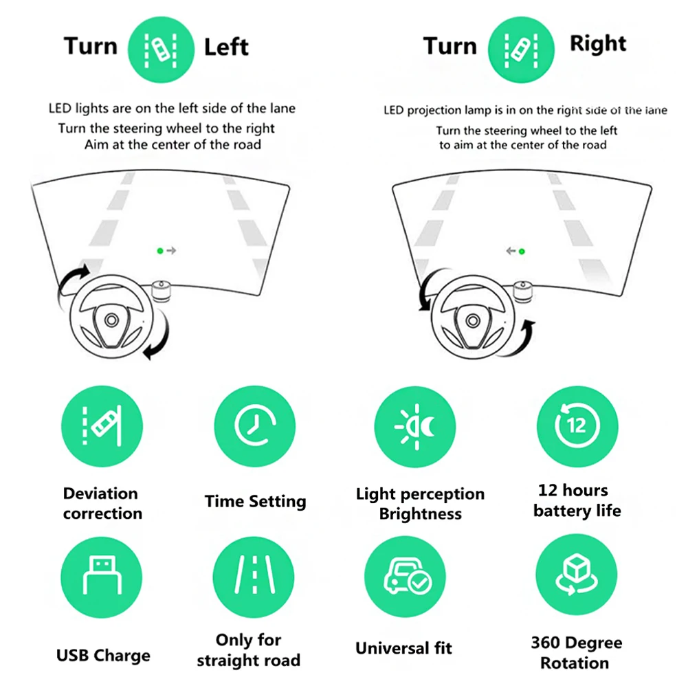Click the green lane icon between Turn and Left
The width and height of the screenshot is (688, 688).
[162, 47]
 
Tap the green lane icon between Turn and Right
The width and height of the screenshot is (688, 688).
[520, 47]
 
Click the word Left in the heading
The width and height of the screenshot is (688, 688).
[226, 47]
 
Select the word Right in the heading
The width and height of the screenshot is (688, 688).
[598, 44]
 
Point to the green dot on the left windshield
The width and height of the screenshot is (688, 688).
[160, 251]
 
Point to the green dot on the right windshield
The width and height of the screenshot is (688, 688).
[522, 251]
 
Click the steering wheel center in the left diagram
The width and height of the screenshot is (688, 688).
[111, 320]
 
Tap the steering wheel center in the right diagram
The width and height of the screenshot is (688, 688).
[473, 320]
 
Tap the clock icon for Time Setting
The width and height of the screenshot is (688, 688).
[255, 426]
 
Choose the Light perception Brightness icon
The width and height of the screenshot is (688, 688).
[415, 428]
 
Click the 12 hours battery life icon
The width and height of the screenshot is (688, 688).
[577, 426]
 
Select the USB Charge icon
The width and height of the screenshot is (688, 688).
[102, 577]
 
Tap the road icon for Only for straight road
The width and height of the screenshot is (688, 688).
[254, 576]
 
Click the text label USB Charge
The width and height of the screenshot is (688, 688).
[103, 655]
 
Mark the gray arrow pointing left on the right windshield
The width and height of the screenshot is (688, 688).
[511, 251]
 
